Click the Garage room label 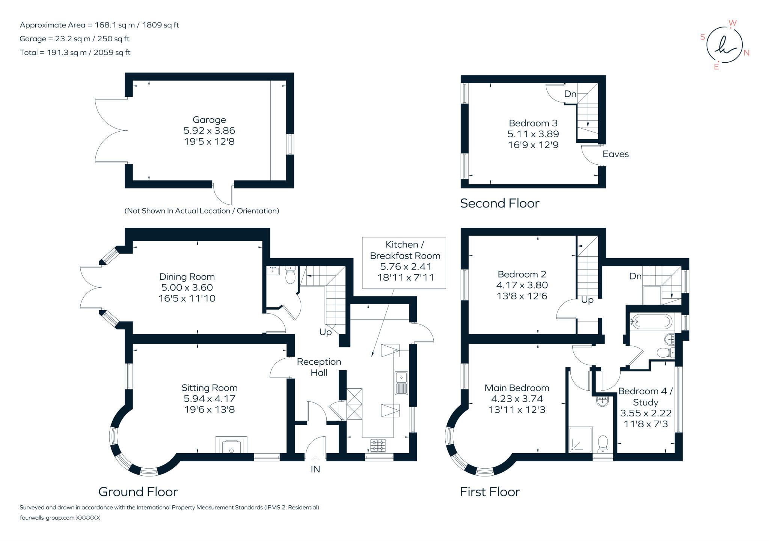[209, 120]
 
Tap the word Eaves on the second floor [615, 154]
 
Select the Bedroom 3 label [533, 123]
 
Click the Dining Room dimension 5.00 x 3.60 [187, 287]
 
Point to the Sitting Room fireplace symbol [231, 445]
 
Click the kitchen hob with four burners [378, 446]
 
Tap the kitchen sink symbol [401, 383]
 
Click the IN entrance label [315, 469]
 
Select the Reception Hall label [319, 367]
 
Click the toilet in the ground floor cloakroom [291, 275]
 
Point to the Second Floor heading [500, 203]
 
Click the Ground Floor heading [138, 491]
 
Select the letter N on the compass [746, 53]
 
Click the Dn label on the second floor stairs [570, 94]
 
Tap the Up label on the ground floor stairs [326, 332]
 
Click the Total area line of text [75, 53]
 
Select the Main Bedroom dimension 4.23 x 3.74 [517, 398]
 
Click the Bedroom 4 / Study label [645, 397]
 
